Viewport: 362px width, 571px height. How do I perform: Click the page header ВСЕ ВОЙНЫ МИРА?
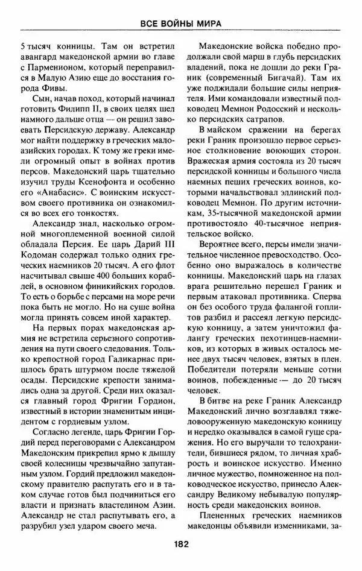180,24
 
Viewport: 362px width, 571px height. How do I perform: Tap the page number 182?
180,543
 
